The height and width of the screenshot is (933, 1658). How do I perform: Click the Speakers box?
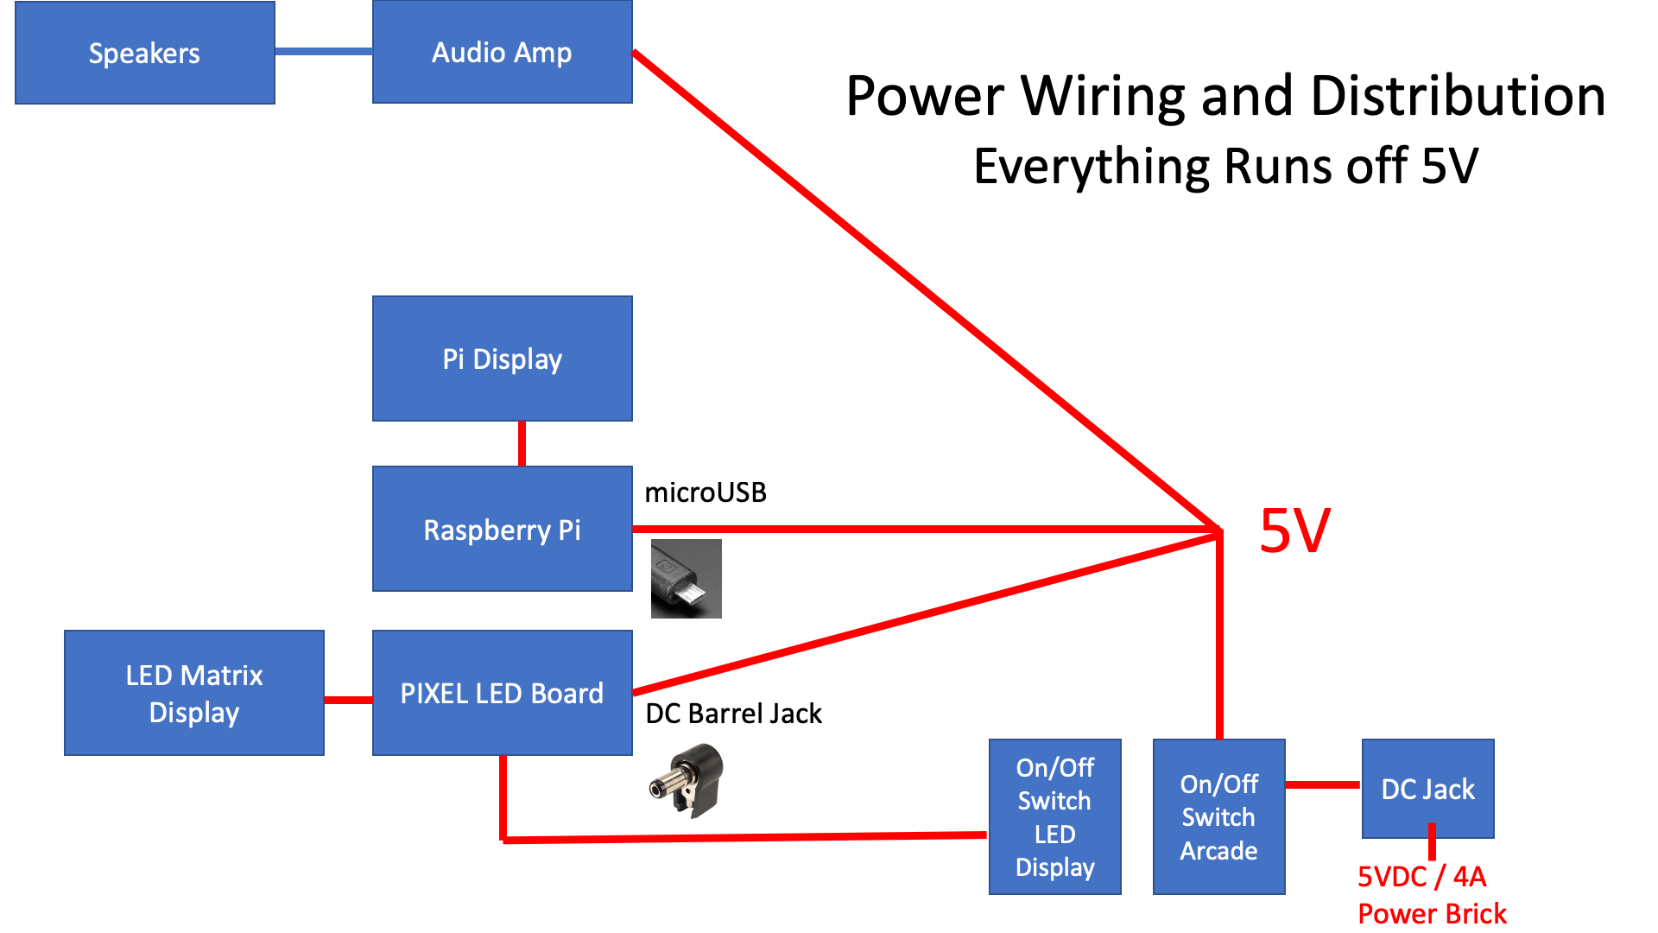[145, 53]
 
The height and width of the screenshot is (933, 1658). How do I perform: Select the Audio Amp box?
[502, 52]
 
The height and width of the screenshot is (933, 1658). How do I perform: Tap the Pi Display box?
[502, 359]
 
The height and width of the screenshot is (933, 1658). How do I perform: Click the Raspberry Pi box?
[502, 529]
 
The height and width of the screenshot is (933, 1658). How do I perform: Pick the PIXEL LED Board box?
[502, 693]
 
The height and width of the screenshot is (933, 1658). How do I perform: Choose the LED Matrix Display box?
[194, 693]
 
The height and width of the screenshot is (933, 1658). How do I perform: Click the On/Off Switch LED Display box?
[1054, 816]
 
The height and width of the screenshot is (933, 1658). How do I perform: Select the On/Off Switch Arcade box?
[1218, 816]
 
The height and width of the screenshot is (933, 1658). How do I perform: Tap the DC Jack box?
[1427, 788]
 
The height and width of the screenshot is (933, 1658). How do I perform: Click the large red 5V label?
[1294, 530]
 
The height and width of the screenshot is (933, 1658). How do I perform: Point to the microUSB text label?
[706, 492]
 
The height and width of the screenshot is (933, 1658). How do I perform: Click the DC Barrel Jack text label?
[733, 714]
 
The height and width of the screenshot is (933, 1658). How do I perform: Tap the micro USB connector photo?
[686, 579]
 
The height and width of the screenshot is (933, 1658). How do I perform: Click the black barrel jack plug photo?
[687, 781]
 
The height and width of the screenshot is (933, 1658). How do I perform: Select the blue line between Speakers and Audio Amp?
[323, 52]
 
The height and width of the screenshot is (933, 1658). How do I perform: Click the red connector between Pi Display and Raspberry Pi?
[522, 443]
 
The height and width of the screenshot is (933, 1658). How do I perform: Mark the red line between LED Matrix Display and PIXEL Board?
[348, 700]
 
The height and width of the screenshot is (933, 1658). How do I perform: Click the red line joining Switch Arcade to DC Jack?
[1323, 784]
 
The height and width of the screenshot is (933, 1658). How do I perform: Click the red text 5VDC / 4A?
[1421, 876]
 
